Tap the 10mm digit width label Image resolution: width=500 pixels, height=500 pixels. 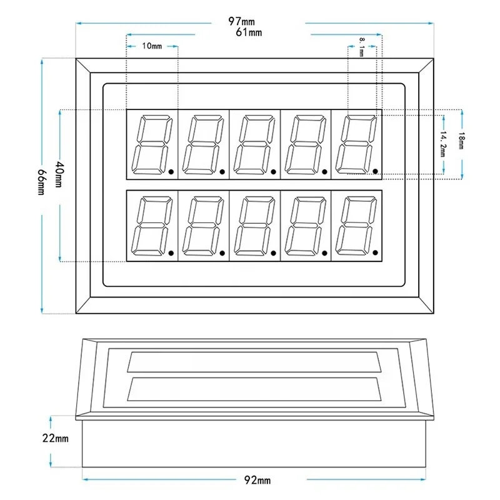tap(152, 46)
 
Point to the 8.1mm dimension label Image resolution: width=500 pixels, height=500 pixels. tap(362, 47)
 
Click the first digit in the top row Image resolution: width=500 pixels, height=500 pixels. tap(152, 144)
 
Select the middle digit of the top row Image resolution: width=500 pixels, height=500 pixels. tap(254, 144)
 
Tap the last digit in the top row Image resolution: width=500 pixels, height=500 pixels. tap(356, 144)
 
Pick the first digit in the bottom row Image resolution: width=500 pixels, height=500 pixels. tap(152, 226)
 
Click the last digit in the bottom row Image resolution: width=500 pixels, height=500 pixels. tap(356, 226)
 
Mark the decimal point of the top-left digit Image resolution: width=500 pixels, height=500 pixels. tap(171, 171)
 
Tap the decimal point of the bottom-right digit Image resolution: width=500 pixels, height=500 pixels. tap(376, 252)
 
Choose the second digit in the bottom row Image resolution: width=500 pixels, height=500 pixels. tap(203, 226)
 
